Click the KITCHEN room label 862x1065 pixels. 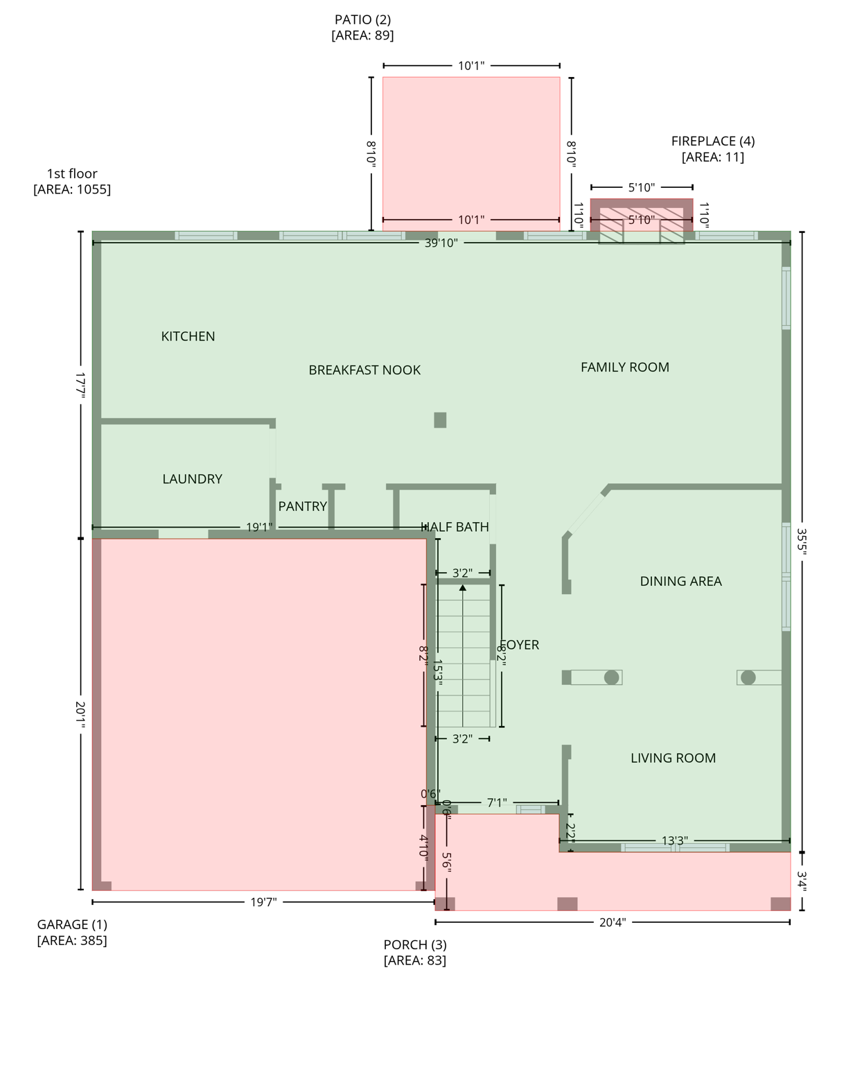pos(188,336)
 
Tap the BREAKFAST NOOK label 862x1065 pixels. pos(364,370)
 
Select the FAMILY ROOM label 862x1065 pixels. pos(624,367)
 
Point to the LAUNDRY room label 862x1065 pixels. pos(192,479)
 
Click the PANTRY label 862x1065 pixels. pos(302,507)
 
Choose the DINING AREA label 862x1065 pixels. pos(680,582)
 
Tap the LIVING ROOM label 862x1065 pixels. pos(673,759)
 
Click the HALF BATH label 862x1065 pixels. pos(455,527)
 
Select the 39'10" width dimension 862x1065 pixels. pos(441,243)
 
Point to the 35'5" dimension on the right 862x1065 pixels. pos(802,542)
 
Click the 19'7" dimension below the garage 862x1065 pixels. pos(263,902)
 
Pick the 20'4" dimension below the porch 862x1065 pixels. pos(612,922)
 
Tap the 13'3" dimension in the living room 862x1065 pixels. pos(674,841)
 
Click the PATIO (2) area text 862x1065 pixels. pos(362,28)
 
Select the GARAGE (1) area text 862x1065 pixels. pos(72,933)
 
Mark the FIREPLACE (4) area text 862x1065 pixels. pos(712,149)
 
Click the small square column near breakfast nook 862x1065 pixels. pos(440,420)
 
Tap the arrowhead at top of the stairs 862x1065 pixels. pos(463,588)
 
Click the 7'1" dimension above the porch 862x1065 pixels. pos(496,803)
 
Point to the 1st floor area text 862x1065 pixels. pos(72,182)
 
